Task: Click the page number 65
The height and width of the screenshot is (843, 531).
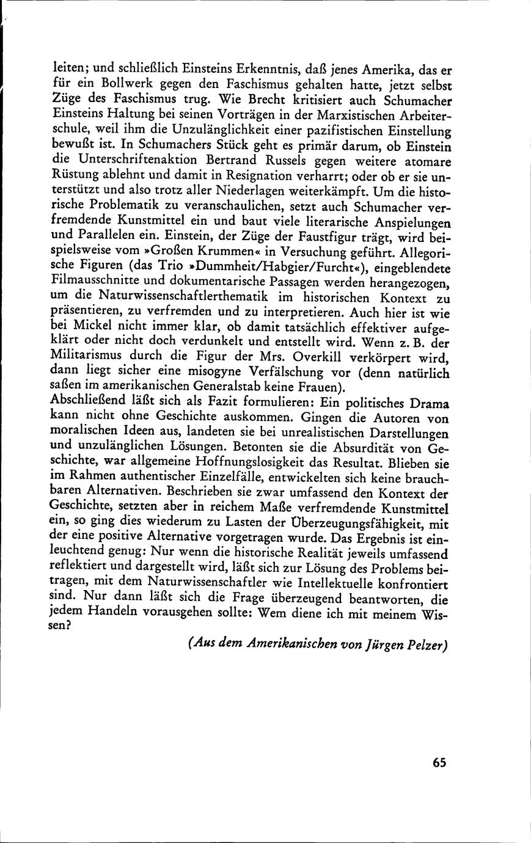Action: [x=439, y=762]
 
